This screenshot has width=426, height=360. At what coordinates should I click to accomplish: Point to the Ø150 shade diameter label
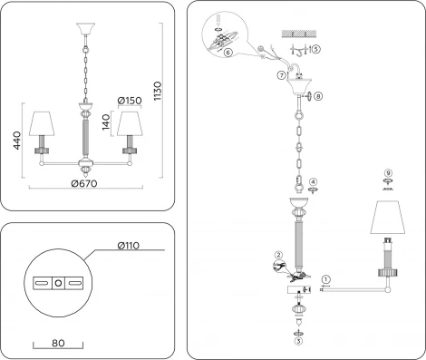(x=130, y=100)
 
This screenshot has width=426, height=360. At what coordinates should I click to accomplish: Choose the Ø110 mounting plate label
(x=133, y=244)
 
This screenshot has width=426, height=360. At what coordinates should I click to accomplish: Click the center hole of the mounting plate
(x=59, y=283)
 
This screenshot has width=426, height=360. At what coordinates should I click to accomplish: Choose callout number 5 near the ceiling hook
(x=315, y=48)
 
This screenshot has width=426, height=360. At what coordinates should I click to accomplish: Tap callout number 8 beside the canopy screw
(x=318, y=94)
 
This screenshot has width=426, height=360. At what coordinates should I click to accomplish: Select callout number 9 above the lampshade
(x=387, y=172)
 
